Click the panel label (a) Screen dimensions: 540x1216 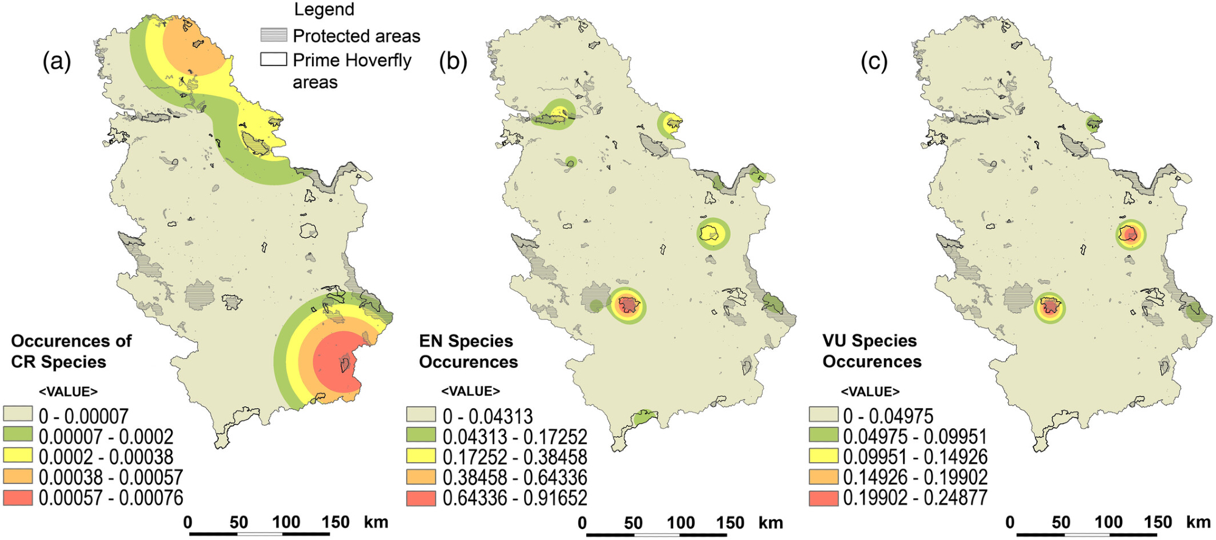coord(57,61)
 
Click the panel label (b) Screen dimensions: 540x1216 coord(453,61)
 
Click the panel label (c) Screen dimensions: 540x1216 coord(874,61)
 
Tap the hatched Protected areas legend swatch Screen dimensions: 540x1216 coord(274,35)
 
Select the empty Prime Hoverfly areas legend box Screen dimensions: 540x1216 coord(274,60)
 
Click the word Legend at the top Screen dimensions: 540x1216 coord(324,10)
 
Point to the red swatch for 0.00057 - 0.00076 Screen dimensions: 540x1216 coord(18,497)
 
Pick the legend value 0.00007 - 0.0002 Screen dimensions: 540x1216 coord(106,437)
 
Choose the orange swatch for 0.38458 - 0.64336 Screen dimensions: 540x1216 coord(421,477)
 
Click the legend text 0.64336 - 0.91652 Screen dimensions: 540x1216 coord(514,498)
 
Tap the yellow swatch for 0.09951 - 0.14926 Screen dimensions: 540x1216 coord(823,457)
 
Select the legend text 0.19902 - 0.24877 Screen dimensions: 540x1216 coord(914,498)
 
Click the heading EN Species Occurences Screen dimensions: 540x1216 coord(468,351)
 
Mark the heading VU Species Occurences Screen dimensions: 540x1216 coord(871,351)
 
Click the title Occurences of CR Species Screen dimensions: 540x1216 coord(71,351)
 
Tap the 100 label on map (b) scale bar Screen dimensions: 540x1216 coord(680,523)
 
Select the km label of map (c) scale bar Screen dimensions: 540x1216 coord(1198,523)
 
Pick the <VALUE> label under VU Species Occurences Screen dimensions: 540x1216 coord(869,392)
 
